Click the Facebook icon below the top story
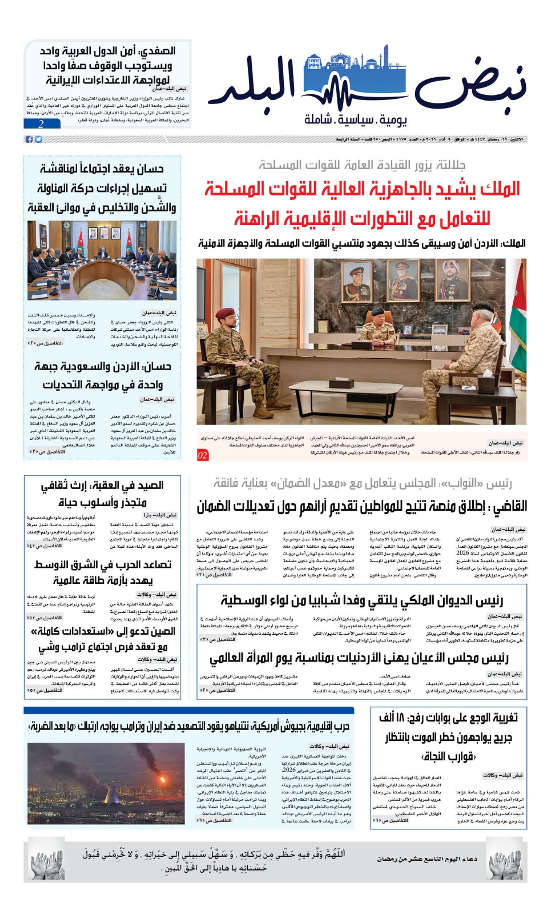tap(29, 139)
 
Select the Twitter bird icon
tap(38, 139)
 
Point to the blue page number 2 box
tap(41, 124)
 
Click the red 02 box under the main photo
tap(203, 455)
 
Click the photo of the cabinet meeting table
tap(102, 261)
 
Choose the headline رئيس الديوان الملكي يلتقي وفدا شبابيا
tap(361, 600)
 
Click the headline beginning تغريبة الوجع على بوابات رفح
tap(448, 717)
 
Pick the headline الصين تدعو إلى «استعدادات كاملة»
tap(103, 631)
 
